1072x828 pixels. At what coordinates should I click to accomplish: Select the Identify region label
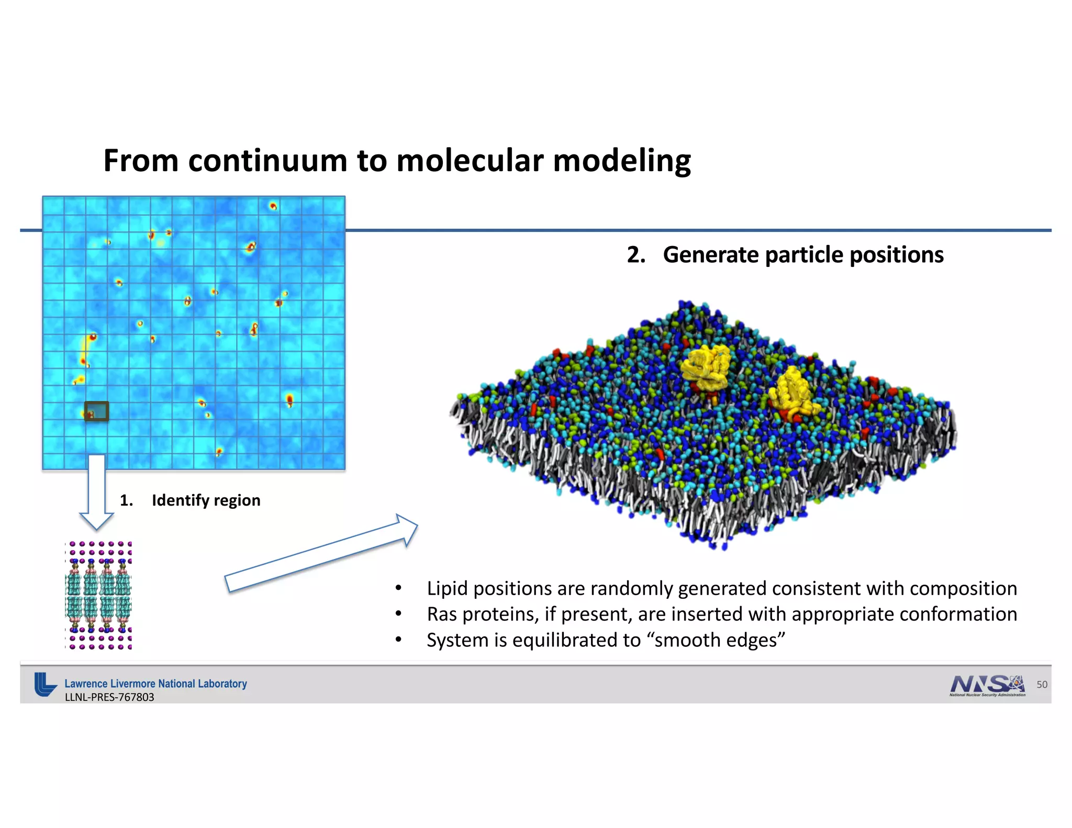pyautogui.click(x=206, y=500)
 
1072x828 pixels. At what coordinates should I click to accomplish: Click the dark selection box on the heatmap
pyautogui.click(x=97, y=411)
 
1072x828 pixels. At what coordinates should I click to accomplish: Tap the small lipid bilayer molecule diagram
pyautogui.click(x=99, y=596)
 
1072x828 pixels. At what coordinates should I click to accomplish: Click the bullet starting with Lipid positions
pyautogui.click(x=721, y=588)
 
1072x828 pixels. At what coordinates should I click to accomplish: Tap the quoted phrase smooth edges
pyautogui.click(x=716, y=640)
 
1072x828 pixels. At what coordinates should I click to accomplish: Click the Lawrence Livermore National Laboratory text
pyautogui.click(x=155, y=684)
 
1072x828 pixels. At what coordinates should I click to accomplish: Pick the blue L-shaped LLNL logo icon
pyautogui.click(x=44, y=684)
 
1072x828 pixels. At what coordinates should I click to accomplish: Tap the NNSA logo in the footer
pyautogui.click(x=987, y=685)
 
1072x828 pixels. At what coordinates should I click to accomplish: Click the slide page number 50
pyautogui.click(x=1042, y=685)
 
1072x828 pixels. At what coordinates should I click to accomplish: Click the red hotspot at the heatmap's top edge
pyautogui.click(x=273, y=206)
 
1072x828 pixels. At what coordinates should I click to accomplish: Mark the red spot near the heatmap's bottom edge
pyautogui.click(x=219, y=451)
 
